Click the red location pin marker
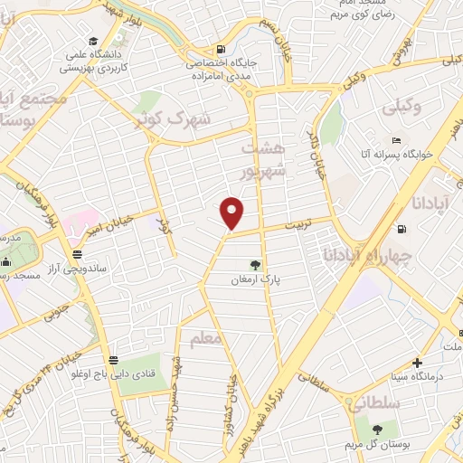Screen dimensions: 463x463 coord(232,213)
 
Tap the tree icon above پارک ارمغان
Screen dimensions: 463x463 coord(256,265)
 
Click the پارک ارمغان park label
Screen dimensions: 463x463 coord(256,279)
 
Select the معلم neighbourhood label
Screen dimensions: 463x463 coord(205,339)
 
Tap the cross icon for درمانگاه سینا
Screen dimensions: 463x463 coord(417,362)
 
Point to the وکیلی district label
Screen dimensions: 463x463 coord(402,107)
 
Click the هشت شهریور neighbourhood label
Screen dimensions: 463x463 coord(263,158)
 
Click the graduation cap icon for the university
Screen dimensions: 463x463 coord(95,41)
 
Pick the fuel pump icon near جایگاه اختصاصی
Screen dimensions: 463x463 coord(219,50)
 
